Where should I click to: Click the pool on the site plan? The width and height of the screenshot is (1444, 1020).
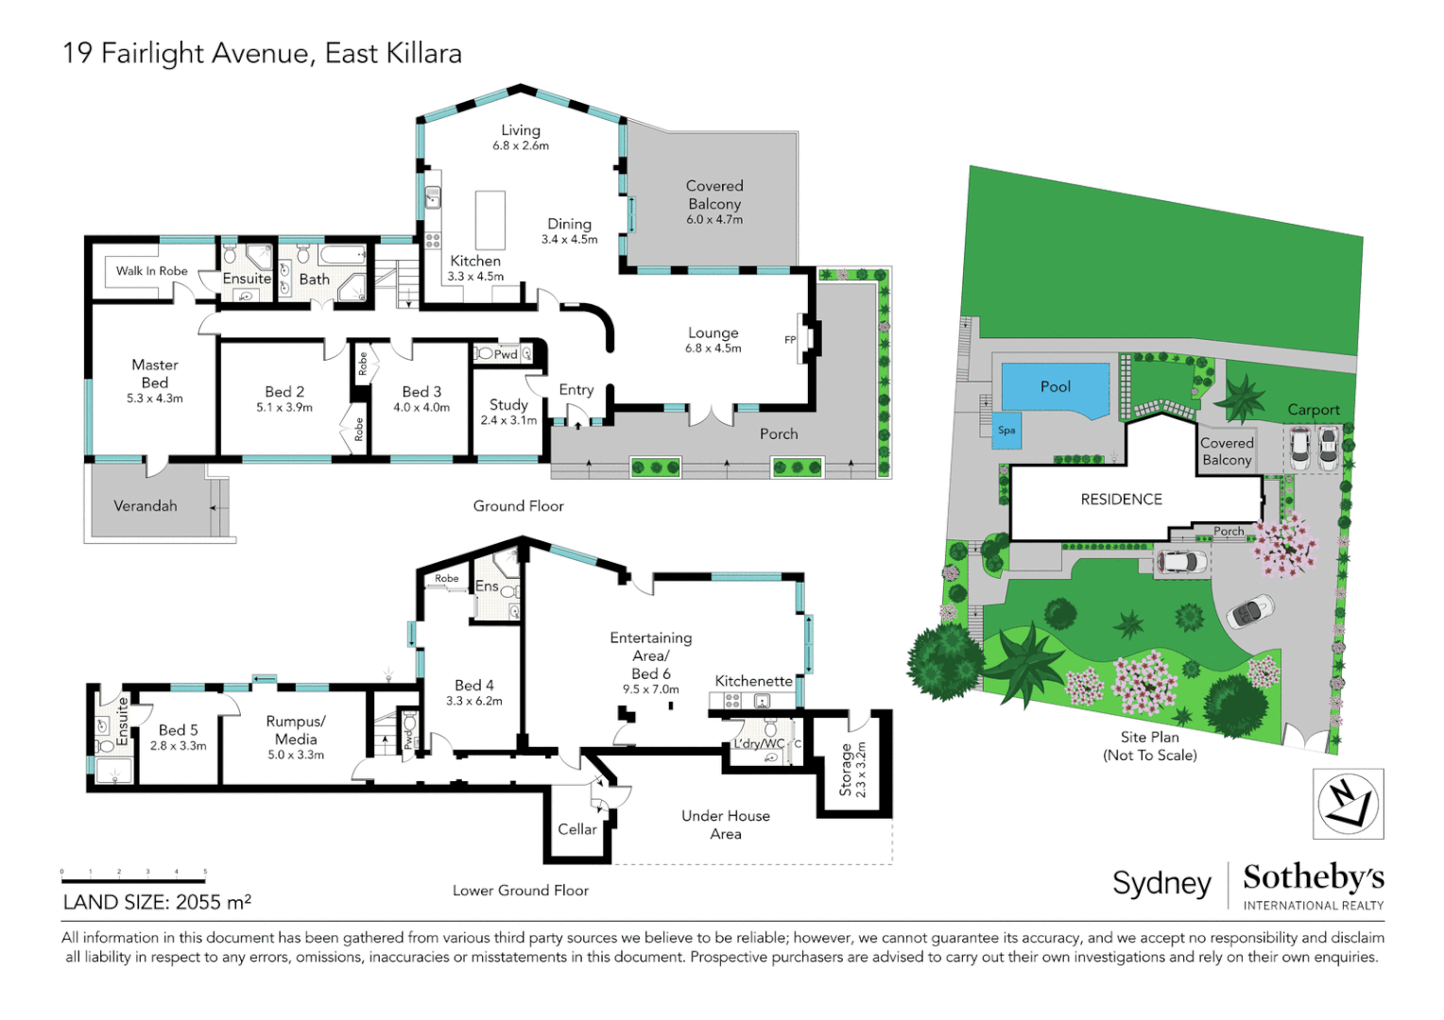(1055, 387)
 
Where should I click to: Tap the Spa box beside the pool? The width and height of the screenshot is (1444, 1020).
(1006, 431)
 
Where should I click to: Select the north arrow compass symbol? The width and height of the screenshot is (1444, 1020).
(1348, 804)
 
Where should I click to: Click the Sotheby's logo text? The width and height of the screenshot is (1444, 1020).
(1313, 877)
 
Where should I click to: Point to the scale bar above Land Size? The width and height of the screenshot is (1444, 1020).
(133, 879)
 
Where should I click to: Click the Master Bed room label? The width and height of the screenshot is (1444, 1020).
(155, 374)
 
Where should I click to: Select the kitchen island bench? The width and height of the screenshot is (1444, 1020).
(490, 220)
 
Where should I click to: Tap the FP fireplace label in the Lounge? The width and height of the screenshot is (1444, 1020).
(790, 340)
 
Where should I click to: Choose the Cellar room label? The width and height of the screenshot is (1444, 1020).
(576, 829)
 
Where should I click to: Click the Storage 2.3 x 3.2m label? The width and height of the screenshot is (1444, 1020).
(852, 770)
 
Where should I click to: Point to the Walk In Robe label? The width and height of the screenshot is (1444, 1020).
(151, 271)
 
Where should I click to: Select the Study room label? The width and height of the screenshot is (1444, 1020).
(508, 405)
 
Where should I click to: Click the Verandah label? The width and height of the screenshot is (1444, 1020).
(146, 506)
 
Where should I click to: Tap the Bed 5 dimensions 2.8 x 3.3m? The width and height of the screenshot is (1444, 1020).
(178, 746)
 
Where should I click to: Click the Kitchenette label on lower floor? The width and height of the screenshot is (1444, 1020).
(753, 681)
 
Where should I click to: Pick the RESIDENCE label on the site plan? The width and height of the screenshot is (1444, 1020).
(1121, 500)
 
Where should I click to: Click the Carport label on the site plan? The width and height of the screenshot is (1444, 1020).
(1313, 410)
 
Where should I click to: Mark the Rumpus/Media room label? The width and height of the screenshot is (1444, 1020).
(296, 730)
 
